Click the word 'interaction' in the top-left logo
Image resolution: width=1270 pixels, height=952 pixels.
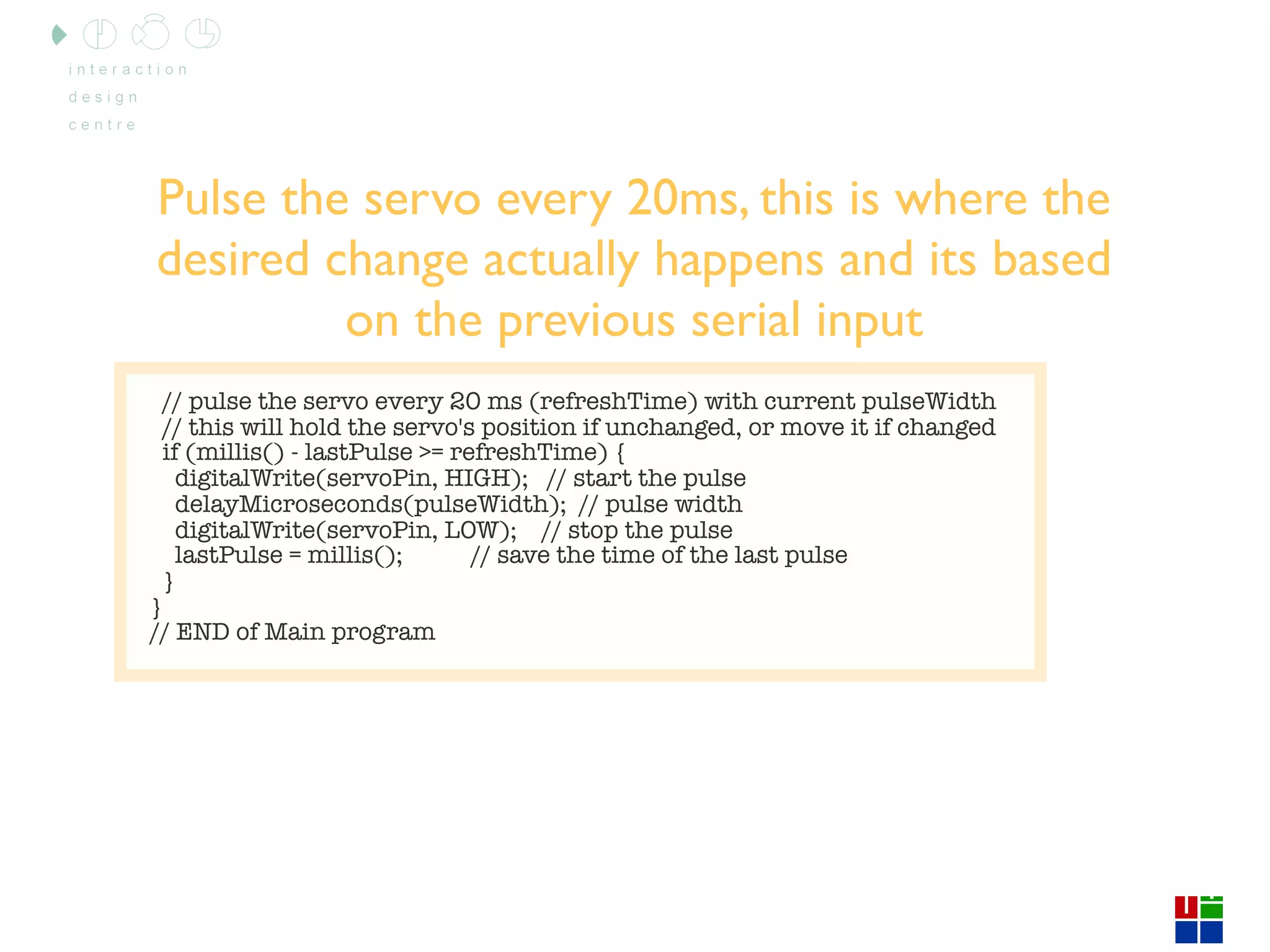pyautogui.click(x=128, y=69)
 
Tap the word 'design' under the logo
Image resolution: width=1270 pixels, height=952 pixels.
pyautogui.click(x=103, y=97)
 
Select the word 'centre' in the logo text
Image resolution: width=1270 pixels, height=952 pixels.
pyautogui.click(x=102, y=125)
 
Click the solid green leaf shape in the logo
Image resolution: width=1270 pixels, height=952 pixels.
pyautogui.click(x=59, y=35)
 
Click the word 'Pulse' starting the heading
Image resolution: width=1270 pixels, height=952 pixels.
pyautogui.click(x=212, y=199)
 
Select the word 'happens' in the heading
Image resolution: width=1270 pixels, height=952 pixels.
pyautogui.click(x=739, y=260)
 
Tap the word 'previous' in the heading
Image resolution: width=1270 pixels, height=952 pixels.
pyautogui.click(x=586, y=320)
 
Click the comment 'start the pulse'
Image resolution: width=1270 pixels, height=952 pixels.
pyautogui.click(x=659, y=478)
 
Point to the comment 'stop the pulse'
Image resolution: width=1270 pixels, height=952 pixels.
pyautogui.click(x=650, y=531)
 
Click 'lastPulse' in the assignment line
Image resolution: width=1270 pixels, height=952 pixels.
pyautogui.click(x=228, y=555)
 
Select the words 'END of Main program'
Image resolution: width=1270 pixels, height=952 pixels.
pyautogui.click(x=305, y=632)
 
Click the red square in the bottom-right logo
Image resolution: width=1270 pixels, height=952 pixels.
pyautogui.click(x=1186, y=907)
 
